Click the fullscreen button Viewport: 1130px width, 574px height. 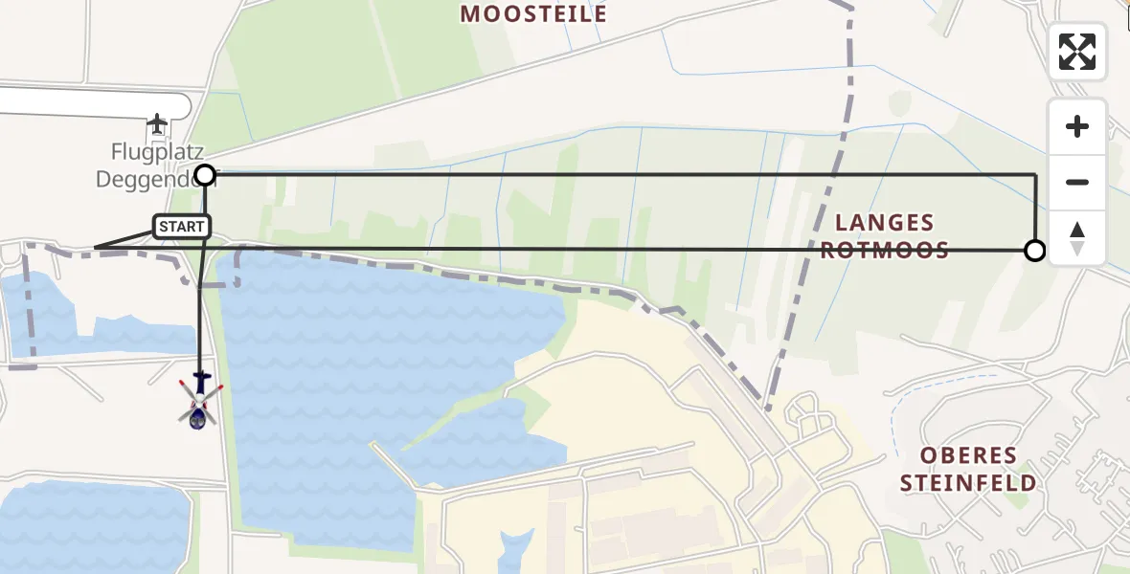(1077, 52)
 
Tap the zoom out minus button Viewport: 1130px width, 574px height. (1077, 182)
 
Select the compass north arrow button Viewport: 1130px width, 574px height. (1077, 238)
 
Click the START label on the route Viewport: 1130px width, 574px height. (182, 227)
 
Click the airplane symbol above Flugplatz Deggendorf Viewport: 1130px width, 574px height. (157, 124)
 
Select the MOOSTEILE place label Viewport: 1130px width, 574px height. (533, 13)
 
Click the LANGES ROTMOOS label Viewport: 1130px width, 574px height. (884, 236)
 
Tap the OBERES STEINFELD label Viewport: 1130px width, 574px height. (967, 469)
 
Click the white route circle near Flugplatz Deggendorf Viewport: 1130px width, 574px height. (205, 174)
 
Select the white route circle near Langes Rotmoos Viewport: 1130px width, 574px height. (1034, 251)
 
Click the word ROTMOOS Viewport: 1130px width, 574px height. (884, 251)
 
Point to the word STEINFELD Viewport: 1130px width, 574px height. (967, 483)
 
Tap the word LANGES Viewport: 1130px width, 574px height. (884, 223)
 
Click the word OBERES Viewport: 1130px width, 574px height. (967, 455)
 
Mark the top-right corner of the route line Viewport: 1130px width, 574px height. (1035, 175)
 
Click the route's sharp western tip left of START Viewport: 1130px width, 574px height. (95, 249)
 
